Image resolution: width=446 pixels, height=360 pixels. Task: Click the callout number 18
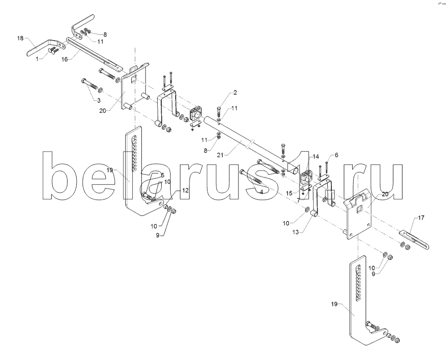pos(20,38)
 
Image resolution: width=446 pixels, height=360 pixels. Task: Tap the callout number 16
pos(65,59)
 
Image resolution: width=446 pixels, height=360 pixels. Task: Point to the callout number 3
pos(99,100)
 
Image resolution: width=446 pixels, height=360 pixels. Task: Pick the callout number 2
pos(235,92)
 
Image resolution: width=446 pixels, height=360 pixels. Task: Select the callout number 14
pos(316,156)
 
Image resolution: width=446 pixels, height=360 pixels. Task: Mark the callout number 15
pos(289,193)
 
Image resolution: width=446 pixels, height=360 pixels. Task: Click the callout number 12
pos(185,190)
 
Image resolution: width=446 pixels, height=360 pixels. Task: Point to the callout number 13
pos(295,232)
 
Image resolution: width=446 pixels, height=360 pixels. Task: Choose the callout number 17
pos(421,218)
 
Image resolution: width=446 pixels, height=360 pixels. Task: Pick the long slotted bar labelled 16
pos(94,55)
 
